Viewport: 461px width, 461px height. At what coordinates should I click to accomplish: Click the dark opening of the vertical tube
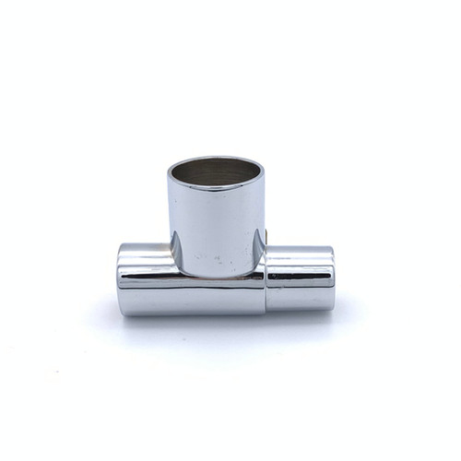tap(216, 171)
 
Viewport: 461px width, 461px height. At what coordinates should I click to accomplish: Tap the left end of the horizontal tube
tap(121, 279)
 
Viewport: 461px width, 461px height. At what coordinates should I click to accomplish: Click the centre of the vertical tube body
tap(216, 226)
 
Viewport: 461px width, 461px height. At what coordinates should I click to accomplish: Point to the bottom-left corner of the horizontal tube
tap(122, 312)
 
